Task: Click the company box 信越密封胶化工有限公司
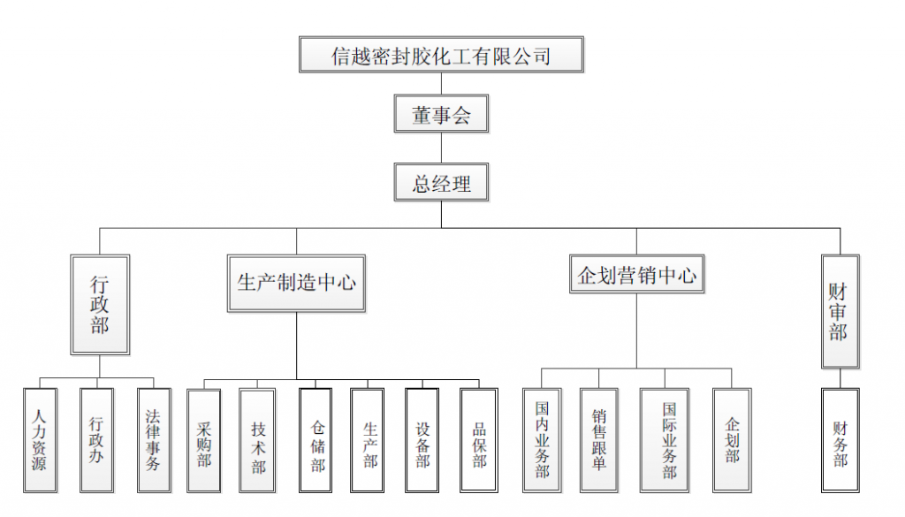point(441,55)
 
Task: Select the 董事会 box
point(441,114)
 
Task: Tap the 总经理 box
point(441,184)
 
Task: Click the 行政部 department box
point(100,305)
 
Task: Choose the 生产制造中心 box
point(296,283)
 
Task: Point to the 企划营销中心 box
point(636,276)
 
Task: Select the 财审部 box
point(839,311)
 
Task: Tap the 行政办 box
point(96,439)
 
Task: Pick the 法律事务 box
point(153,439)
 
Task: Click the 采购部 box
point(204,440)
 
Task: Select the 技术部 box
point(258,440)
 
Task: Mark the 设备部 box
point(422,440)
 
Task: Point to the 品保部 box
point(479,440)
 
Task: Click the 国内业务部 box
point(542,439)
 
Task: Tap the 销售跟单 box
point(598,439)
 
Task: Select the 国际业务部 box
point(669,439)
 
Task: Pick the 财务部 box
point(840,439)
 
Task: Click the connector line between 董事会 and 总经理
point(441,148)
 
